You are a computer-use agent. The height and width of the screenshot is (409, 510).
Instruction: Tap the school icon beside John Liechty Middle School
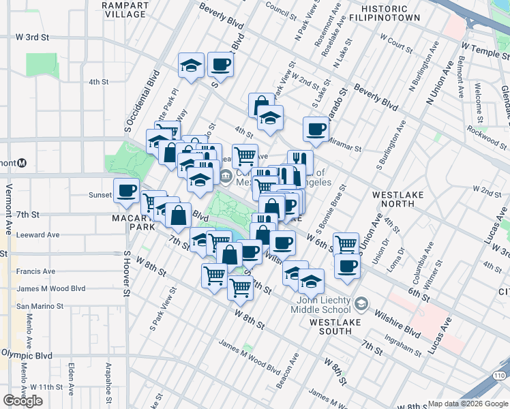(361, 302)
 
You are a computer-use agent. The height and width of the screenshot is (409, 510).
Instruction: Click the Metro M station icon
(22, 163)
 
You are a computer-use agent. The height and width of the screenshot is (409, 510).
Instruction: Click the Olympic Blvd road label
(26, 355)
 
